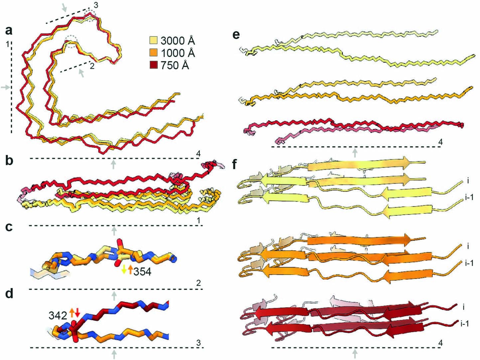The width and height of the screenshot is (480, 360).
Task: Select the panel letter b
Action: click(9, 161)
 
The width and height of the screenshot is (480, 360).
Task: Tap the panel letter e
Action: click(236, 34)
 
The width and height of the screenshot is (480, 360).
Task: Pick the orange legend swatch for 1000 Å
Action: click(153, 53)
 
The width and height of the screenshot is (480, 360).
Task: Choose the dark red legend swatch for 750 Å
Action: click(153, 66)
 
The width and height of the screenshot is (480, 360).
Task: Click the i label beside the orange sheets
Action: click(468, 247)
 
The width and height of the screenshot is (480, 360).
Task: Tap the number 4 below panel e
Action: click(441, 142)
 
